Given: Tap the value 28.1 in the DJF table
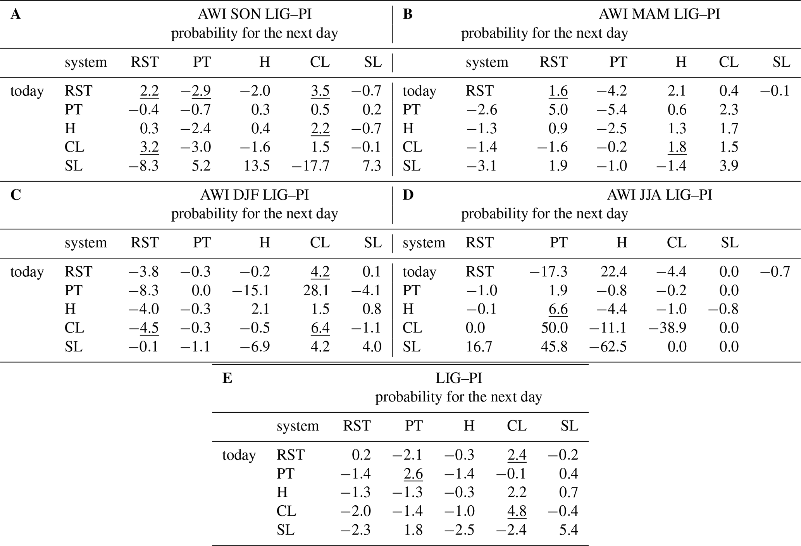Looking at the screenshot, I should tap(316, 290).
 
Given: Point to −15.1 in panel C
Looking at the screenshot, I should tap(251, 290).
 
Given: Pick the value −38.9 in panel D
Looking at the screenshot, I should tap(667, 328).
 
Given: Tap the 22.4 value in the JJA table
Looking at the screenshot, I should tap(613, 272).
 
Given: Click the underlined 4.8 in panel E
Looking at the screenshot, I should tap(517, 511).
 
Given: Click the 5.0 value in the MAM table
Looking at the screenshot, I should tap(558, 110).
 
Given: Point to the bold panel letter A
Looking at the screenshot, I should tap(16, 14).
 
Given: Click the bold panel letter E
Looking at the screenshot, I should tap(227, 378).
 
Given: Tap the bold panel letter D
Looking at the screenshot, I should tap(408, 195).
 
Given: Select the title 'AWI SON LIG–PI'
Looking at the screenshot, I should tap(255, 14).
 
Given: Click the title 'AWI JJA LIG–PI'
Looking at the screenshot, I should tap(659, 195).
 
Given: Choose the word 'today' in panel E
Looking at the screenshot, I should tap(239, 455).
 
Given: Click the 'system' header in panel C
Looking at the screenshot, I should tap(86, 243).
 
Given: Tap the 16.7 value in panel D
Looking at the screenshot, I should tap(479, 346).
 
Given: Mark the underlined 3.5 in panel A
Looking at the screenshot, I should tap(320, 91).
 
